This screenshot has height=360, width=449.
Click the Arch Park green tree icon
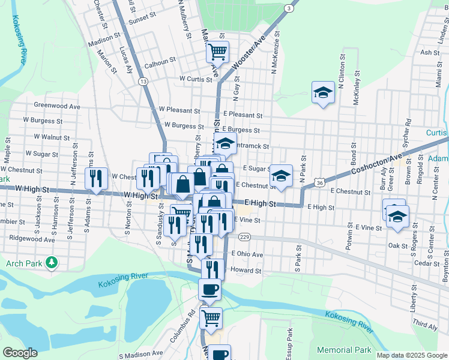coord(52,262)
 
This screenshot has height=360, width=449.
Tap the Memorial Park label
coord(344,350)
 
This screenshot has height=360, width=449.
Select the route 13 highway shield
coord(142,81)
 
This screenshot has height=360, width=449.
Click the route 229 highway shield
coord(243,238)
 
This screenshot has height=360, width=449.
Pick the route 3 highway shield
coord(289,8)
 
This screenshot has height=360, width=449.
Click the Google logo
coord(20,352)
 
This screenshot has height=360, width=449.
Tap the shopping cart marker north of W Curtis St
coord(217,52)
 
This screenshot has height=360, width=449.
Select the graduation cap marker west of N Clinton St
coord(323,93)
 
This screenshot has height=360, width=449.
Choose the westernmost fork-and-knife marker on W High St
coord(95,178)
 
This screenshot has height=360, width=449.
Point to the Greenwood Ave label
coord(57,106)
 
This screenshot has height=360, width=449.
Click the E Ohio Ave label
coord(247,254)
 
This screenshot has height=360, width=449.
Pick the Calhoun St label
coord(159,60)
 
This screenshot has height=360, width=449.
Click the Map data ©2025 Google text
coord(412,355)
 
